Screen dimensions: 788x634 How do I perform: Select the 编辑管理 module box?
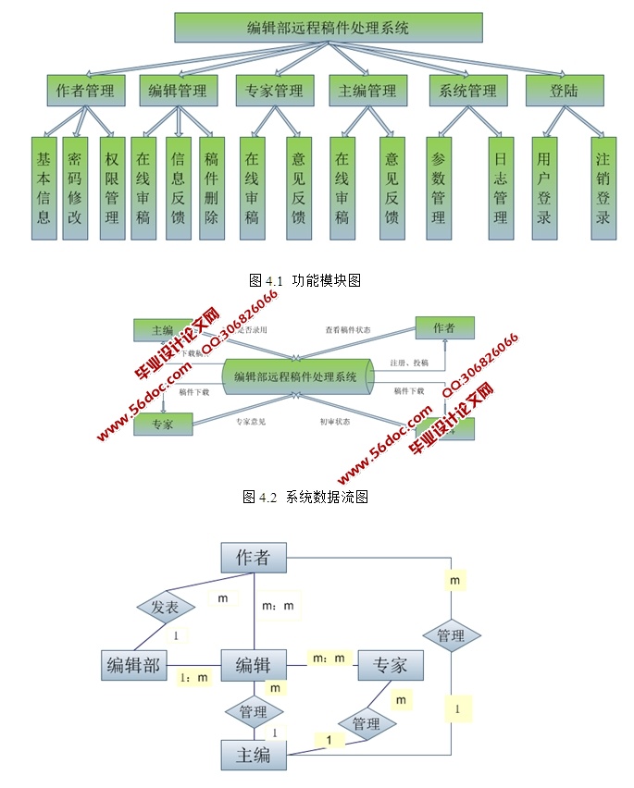(x=179, y=90)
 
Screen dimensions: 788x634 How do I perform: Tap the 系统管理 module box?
(x=469, y=90)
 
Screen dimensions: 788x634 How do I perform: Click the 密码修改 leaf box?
(x=75, y=188)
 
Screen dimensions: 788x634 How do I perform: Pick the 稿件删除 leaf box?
(x=212, y=188)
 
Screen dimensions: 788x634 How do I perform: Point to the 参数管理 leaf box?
(x=439, y=188)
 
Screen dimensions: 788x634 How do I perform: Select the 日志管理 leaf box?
(x=501, y=188)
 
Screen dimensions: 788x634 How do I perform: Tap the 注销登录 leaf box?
(x=603, y=188)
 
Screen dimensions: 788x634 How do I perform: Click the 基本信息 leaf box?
(x=43, y=188)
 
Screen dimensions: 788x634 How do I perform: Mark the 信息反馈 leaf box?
(x=179, y=188)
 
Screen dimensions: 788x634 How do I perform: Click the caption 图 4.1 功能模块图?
(x=305, y=279)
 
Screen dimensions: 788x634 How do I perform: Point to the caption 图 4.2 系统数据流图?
(x=305, y=497)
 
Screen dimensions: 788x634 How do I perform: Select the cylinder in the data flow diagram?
(x=296, y=376)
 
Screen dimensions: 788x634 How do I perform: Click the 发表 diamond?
(x=166, y=608)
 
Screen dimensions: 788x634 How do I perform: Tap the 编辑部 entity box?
(x=134, y=664)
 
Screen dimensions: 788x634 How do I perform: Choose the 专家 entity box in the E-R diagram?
(x=391, y=664)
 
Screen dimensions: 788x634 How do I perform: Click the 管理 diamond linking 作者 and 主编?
(x=451, y=635)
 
